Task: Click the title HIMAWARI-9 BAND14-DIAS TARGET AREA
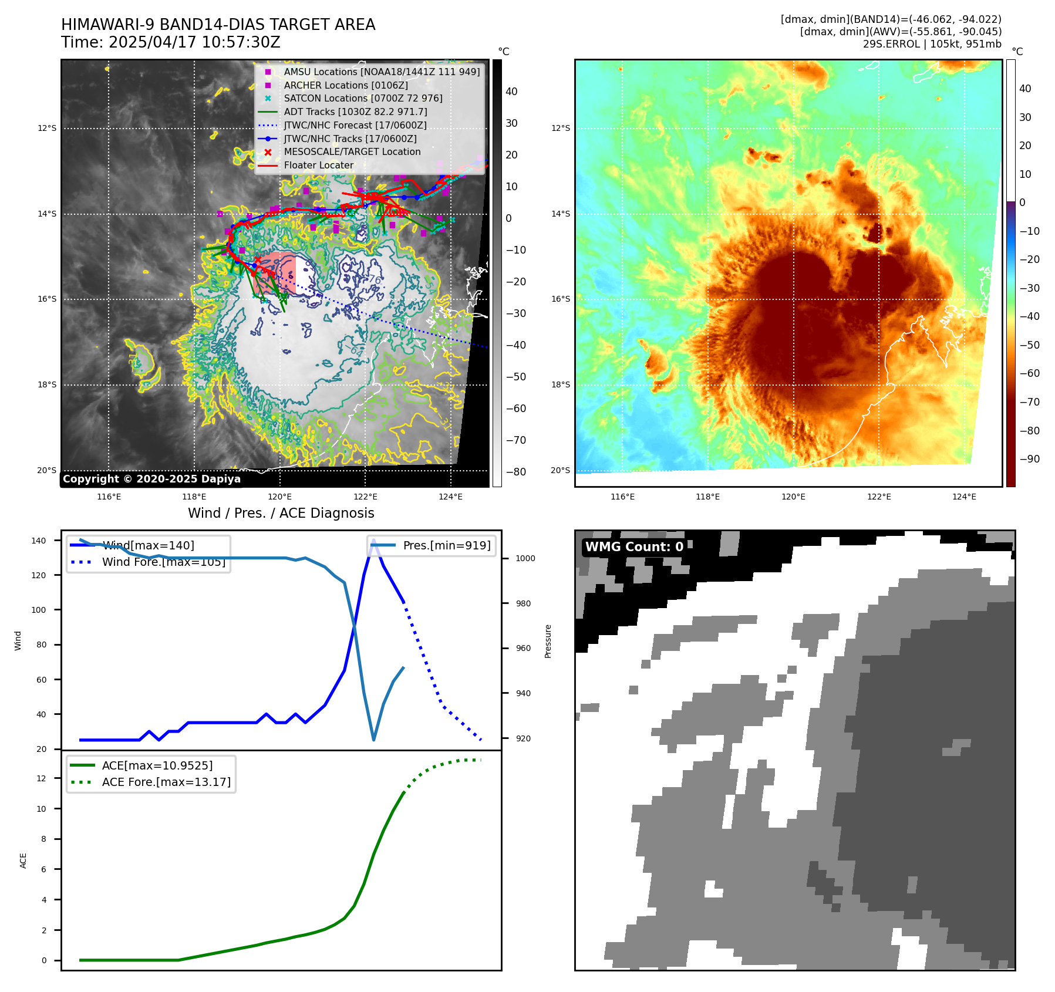[218, 25]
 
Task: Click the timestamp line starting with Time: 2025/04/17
[170, 42]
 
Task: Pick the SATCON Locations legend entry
[363, 98]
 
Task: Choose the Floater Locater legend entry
[318, 165]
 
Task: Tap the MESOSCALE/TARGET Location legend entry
[352, 151]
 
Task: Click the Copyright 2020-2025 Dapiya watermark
[151, 479]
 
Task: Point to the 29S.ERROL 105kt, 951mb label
[932, 44]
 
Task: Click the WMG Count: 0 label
[634, 547]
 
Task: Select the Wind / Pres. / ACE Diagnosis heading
[281, 513]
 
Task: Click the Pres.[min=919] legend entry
[446, 545]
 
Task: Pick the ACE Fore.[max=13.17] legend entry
[166, 782]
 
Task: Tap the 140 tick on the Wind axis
[38, 541]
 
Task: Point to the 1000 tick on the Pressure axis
[525, 558]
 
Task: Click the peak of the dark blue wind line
[373, 539]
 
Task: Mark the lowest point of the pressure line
[374, 740]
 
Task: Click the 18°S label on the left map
[47, 385]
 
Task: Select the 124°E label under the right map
[964, 497]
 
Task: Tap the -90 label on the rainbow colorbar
[1029, 459]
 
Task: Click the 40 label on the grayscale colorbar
[511, 92]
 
